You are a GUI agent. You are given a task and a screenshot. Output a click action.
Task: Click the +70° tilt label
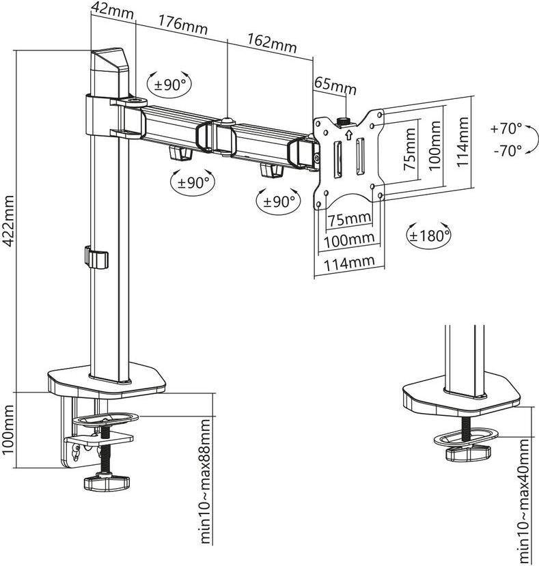[506, 128]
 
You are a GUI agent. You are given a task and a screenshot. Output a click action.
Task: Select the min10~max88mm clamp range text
[204, 481]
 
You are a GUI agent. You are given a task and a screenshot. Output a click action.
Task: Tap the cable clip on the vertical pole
[96, 259]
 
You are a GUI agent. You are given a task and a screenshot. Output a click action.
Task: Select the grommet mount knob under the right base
[468, 451]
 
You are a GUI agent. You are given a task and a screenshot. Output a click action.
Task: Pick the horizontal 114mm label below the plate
[348, 261]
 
